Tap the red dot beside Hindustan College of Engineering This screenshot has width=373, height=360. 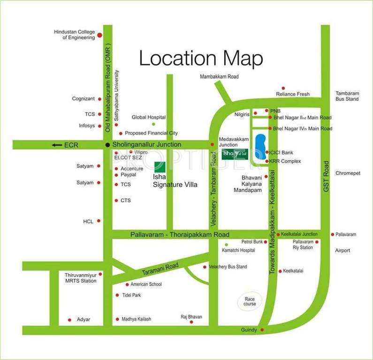click(99, 35)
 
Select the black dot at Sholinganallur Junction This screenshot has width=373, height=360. click(107, 145)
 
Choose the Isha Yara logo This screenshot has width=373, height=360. click(235, 154)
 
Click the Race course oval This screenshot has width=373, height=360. click(250, 301)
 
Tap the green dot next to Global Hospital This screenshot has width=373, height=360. click(153, 124)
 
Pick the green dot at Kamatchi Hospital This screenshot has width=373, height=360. click(226, 245)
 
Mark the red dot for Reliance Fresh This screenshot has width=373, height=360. click(283, 88)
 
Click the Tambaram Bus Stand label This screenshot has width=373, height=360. click(347, 96)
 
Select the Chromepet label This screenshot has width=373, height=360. click(347, 173)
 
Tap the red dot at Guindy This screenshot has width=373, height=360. click(262, 330)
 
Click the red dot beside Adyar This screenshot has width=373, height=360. click(70, 319)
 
